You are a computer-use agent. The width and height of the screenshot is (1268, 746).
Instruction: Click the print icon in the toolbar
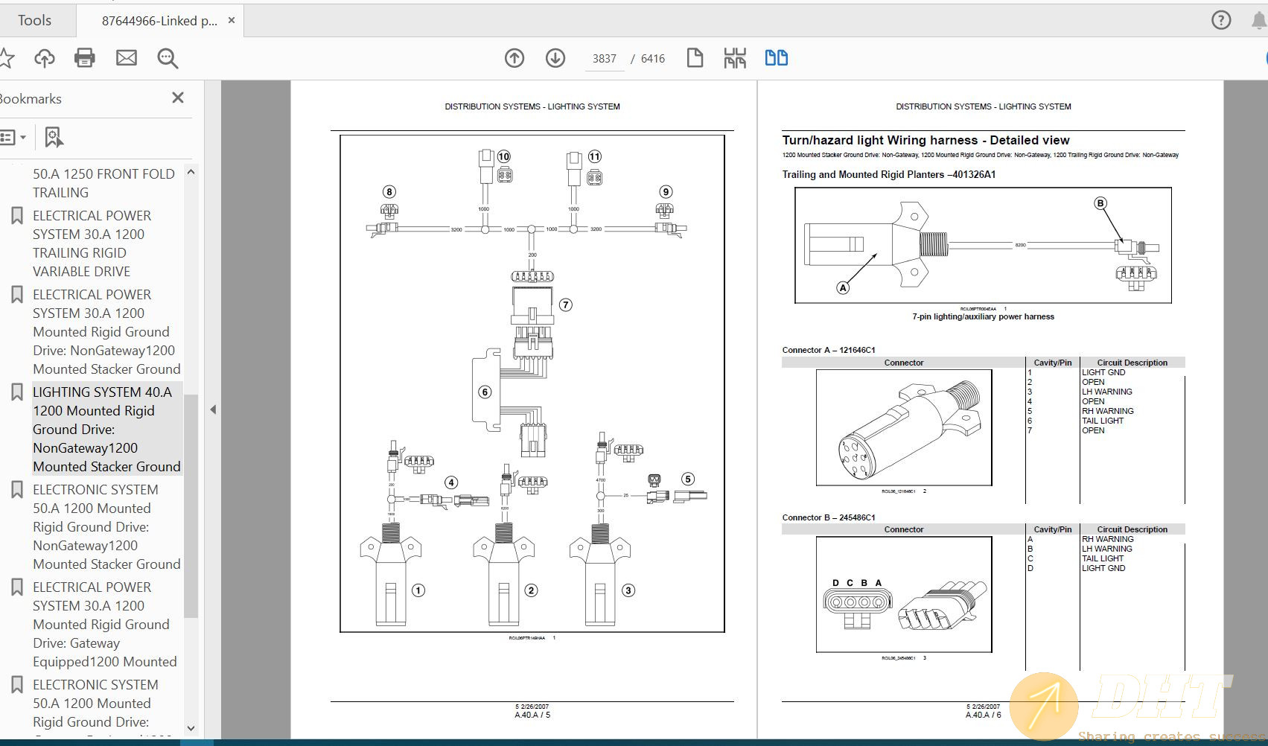[84, 58]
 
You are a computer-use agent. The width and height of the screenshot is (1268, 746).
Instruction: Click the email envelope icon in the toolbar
[126, 58]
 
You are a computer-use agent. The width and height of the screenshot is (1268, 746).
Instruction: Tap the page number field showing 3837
[604, 59]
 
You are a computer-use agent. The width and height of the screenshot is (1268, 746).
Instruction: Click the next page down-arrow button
[555, 58]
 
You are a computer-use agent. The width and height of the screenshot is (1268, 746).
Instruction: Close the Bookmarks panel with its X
[177, 98]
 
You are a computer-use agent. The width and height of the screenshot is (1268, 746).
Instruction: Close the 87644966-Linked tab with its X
[232, 20]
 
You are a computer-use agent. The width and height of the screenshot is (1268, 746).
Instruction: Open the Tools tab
[34, 20]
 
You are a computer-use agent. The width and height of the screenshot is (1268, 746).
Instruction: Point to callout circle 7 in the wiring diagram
[565, 305]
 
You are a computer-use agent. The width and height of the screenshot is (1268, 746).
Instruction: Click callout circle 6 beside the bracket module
[485, 392]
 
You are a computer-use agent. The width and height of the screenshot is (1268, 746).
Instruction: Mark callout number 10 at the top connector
[504, 156]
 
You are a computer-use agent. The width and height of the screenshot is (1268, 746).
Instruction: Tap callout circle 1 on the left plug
[418, 590]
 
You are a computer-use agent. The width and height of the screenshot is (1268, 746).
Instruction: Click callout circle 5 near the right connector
[688, 479]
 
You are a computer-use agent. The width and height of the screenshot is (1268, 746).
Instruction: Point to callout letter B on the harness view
[1100, 203]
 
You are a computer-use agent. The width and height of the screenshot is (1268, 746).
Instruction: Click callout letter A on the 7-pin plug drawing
[843, 287]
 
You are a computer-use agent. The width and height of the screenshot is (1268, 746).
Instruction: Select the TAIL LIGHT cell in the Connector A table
[1102, 421]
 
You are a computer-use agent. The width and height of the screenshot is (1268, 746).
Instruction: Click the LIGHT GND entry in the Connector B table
[1103, 568]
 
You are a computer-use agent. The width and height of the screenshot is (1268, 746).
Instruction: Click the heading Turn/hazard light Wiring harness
[925, 140]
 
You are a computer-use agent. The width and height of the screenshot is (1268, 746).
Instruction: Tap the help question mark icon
[1221, 20]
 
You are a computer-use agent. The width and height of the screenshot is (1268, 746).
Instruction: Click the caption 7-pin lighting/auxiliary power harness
[983, 316]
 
